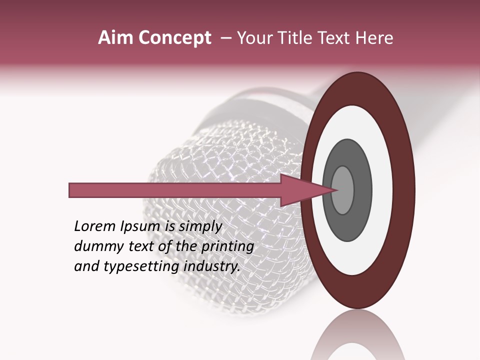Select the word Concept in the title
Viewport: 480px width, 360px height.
click(174, 38)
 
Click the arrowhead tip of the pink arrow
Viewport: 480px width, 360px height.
click(336, 190)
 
